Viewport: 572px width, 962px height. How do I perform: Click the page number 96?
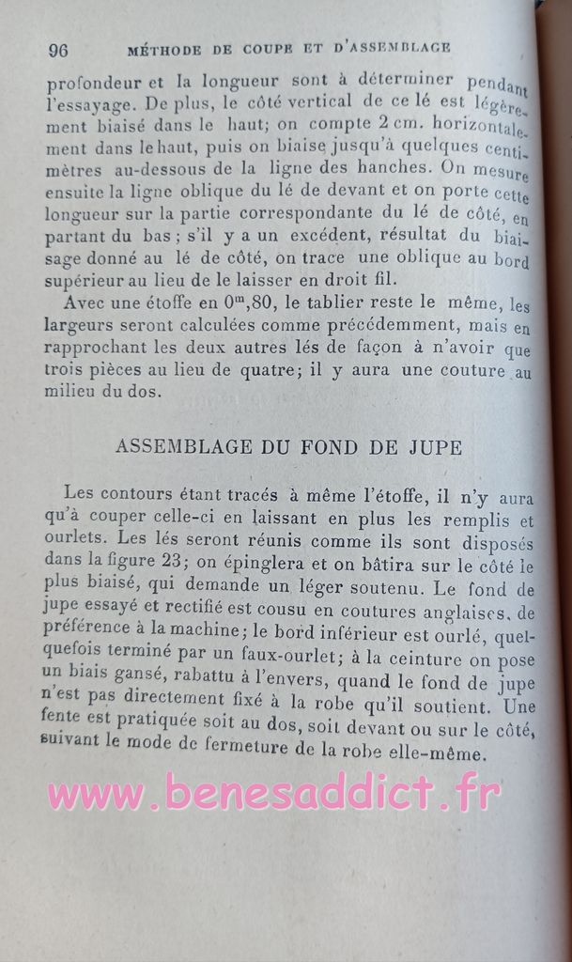point(57,50)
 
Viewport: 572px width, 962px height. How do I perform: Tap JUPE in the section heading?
point(436,447)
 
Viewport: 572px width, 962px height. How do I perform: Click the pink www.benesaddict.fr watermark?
point(273,793)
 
